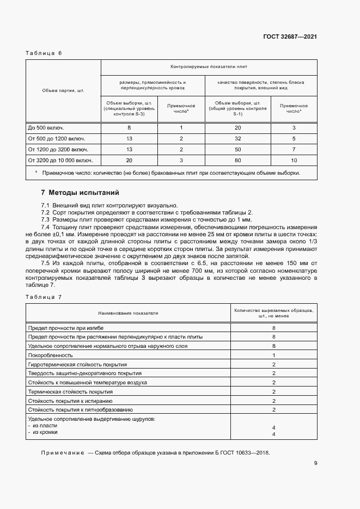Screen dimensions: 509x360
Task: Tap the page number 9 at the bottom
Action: point(315,463)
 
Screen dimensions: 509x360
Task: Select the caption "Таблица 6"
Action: point(44,53)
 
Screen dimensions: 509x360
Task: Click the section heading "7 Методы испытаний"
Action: point(80,193)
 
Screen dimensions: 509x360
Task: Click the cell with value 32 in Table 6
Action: point(237,138)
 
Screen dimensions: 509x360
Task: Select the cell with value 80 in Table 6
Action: point(237,160)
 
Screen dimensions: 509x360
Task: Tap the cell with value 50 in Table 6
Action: point(237,149)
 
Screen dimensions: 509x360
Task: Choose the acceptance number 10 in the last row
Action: point(294,160)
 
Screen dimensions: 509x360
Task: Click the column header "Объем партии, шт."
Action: point(63,90)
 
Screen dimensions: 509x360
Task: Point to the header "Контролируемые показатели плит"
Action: point(209,67)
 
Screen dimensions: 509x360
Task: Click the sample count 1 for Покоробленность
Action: point(273,355)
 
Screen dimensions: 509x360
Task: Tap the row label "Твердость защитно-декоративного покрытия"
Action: point(84,373)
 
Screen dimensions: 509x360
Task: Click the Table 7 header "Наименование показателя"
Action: point(128,314)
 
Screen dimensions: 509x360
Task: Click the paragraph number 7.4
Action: point(46,226)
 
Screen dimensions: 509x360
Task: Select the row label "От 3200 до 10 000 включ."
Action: point(60,160)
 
